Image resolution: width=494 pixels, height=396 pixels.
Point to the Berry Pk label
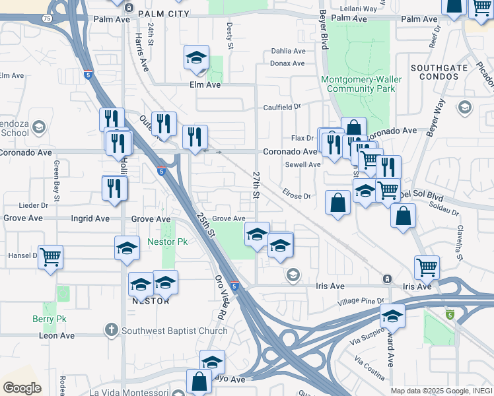pos(46,319)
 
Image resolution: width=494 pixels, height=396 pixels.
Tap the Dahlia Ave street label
pos(288,51)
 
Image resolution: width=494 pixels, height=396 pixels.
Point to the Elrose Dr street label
pos(297,196)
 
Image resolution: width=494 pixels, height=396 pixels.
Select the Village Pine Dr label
pos(360,302)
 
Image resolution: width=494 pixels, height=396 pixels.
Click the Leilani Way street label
pos(358,9)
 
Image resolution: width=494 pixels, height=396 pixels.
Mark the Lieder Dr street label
pos(34,205)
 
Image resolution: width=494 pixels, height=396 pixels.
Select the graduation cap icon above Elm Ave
pos(196,58)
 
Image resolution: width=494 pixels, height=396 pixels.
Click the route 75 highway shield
pos(46,19)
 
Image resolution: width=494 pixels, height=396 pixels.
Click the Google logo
pos(22,388)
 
